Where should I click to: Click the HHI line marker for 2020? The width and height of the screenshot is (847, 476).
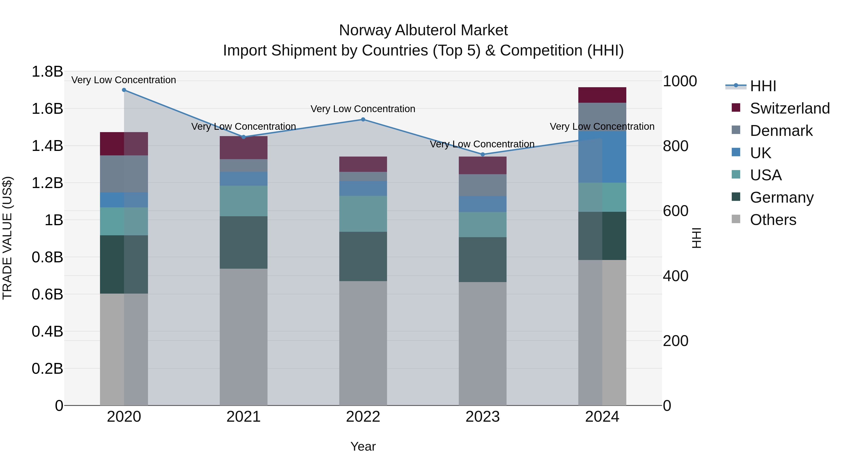[x=124, y=90]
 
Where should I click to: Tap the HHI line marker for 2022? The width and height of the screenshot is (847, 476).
[x=363, y=120]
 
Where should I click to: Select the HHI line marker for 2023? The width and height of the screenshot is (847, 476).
[x=483, y=154]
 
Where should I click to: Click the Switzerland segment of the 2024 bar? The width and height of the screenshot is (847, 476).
[x=602, y=95]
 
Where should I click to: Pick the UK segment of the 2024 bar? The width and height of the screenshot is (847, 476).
[x=602, y=157]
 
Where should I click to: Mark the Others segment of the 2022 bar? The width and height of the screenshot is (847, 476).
[x=363, y=343]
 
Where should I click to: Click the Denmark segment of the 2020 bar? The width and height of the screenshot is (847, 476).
[x=124, y=174]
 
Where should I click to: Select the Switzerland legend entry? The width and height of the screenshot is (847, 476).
[x=789, y=108]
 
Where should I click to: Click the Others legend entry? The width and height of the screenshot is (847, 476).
[x=773, y=220]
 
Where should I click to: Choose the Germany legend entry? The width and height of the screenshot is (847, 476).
[x=781, y=197]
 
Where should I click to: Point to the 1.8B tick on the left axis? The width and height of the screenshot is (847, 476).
[x=47, y=72]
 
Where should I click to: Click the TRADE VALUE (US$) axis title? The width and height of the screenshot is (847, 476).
[x=7, y=238]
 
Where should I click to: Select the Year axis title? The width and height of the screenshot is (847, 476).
[x=363, y=446]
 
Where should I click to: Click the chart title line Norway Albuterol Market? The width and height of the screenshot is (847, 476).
[x=423, y=30]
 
